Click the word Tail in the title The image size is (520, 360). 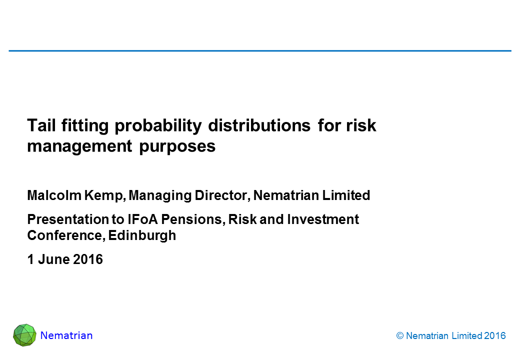(x=41, y=125)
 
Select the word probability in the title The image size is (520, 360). (x=158, y=126)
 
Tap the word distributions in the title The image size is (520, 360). (x=259, y=125)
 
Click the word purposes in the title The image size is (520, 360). (x=177, y=147)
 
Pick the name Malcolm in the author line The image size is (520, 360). (x=54, y=195)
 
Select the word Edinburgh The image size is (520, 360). (x=142, y=236)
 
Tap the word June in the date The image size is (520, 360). (x=53, y=259)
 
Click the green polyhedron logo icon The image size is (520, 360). (x=24, y=335)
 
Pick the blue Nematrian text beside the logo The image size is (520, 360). (x=66, y=335)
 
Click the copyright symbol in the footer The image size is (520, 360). (x=400, y=336)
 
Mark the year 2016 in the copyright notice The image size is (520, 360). (x=495, y=336)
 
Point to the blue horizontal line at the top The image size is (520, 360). (x=260, y=50)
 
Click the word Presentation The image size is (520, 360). (x=68, y=219)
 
